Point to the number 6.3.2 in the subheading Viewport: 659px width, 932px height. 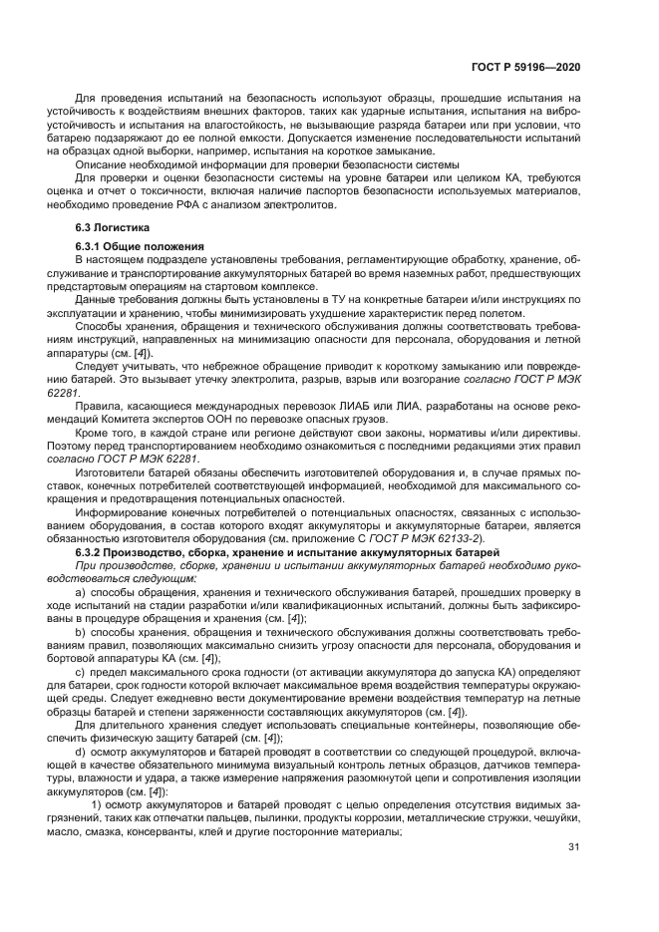coord(93,552)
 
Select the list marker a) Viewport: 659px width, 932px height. coord(81,593)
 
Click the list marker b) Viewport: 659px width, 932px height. coord(81,633)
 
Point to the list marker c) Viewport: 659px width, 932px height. coord(81,673)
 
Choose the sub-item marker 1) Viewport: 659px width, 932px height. coord(97,804)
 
